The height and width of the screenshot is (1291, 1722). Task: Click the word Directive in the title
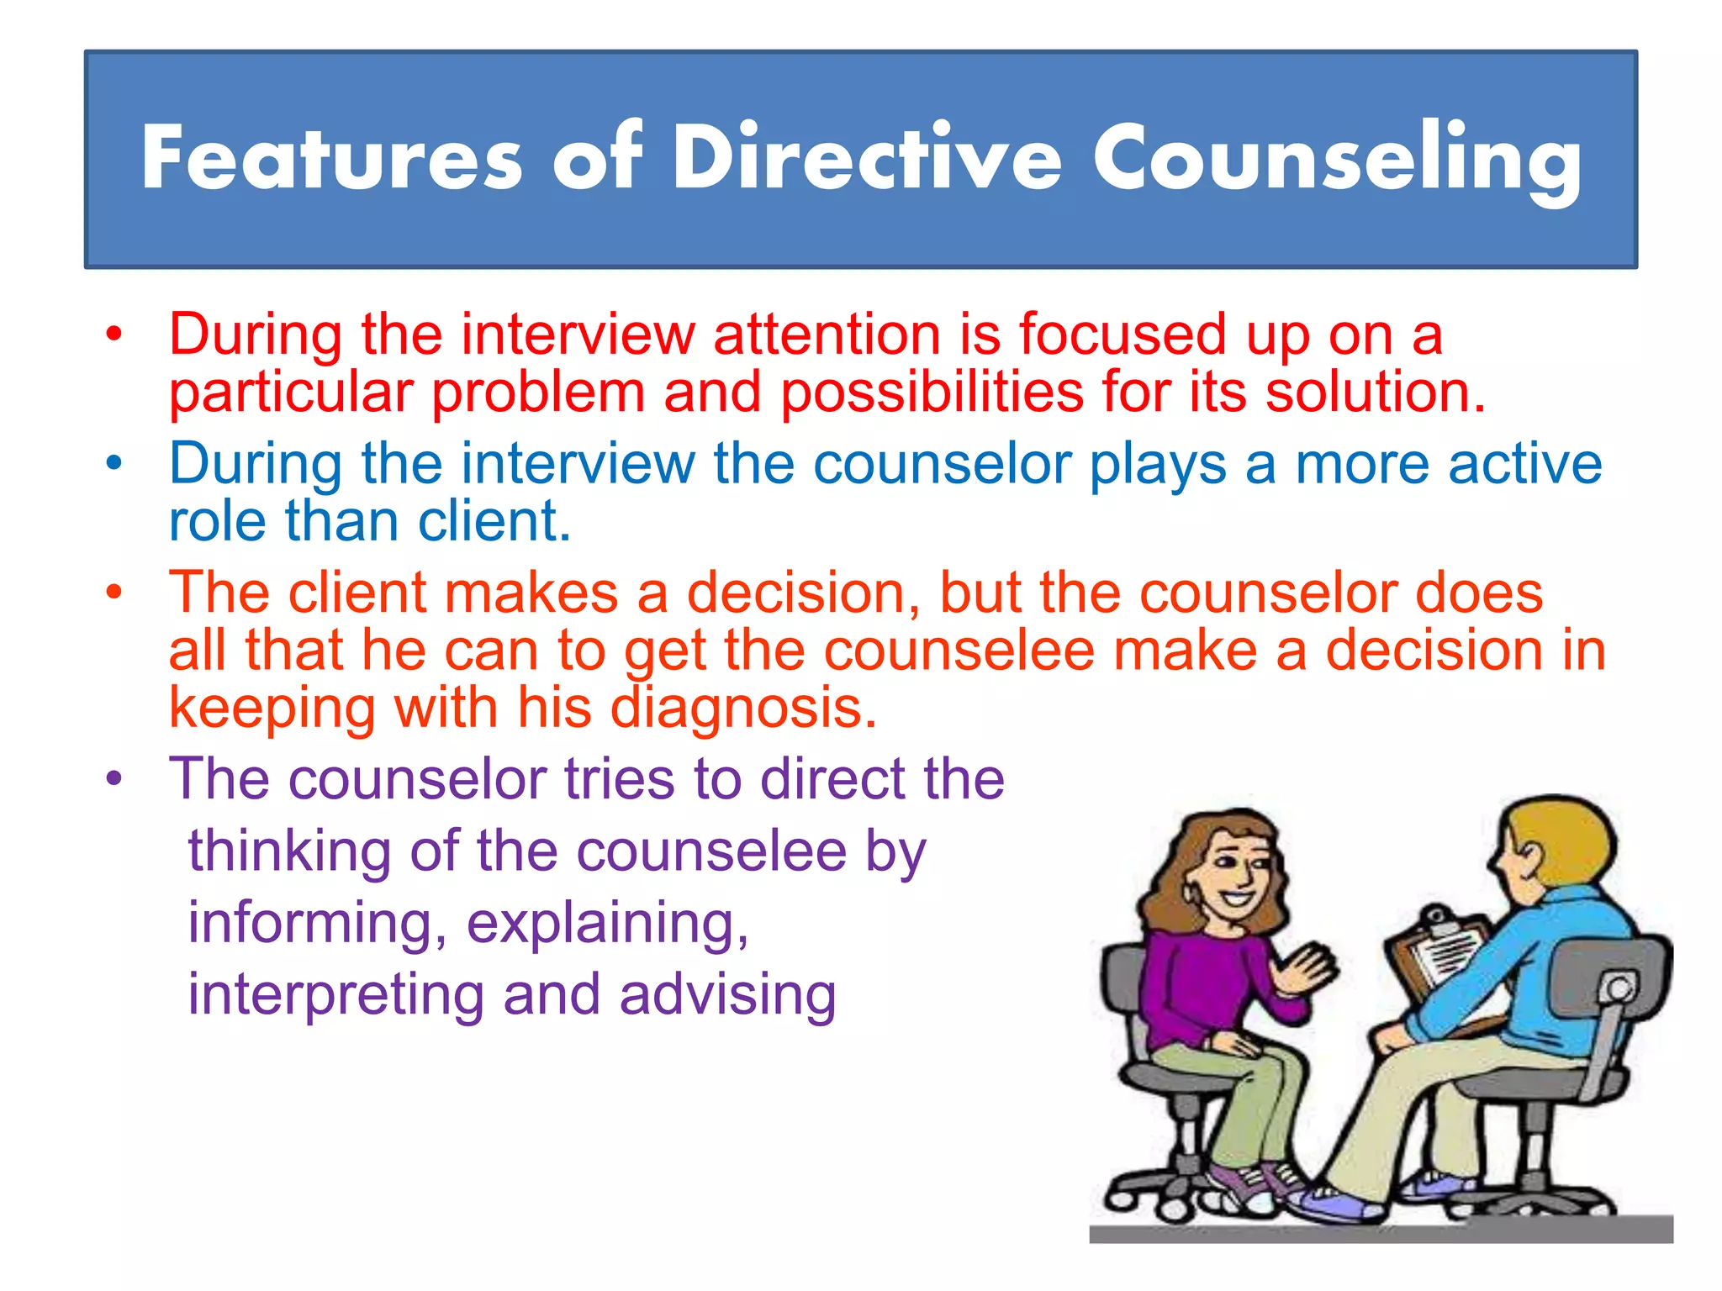coord(866,158)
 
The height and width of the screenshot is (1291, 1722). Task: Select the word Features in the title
coord(332,158)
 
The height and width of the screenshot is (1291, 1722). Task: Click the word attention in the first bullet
coord(827,335)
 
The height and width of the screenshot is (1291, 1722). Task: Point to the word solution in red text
coord(1375,393)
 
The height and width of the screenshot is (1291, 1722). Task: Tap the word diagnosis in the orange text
coord(743,708)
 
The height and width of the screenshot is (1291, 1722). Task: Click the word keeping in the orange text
coord(272,708)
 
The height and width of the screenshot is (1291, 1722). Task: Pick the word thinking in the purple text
coord(289,851)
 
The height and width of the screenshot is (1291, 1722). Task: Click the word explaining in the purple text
coord(607,923)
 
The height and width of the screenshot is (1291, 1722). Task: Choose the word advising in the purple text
coord(727,994)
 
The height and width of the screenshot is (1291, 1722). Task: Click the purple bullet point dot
coord(114,778)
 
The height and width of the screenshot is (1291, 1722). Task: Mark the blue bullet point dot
coord(114,463)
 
